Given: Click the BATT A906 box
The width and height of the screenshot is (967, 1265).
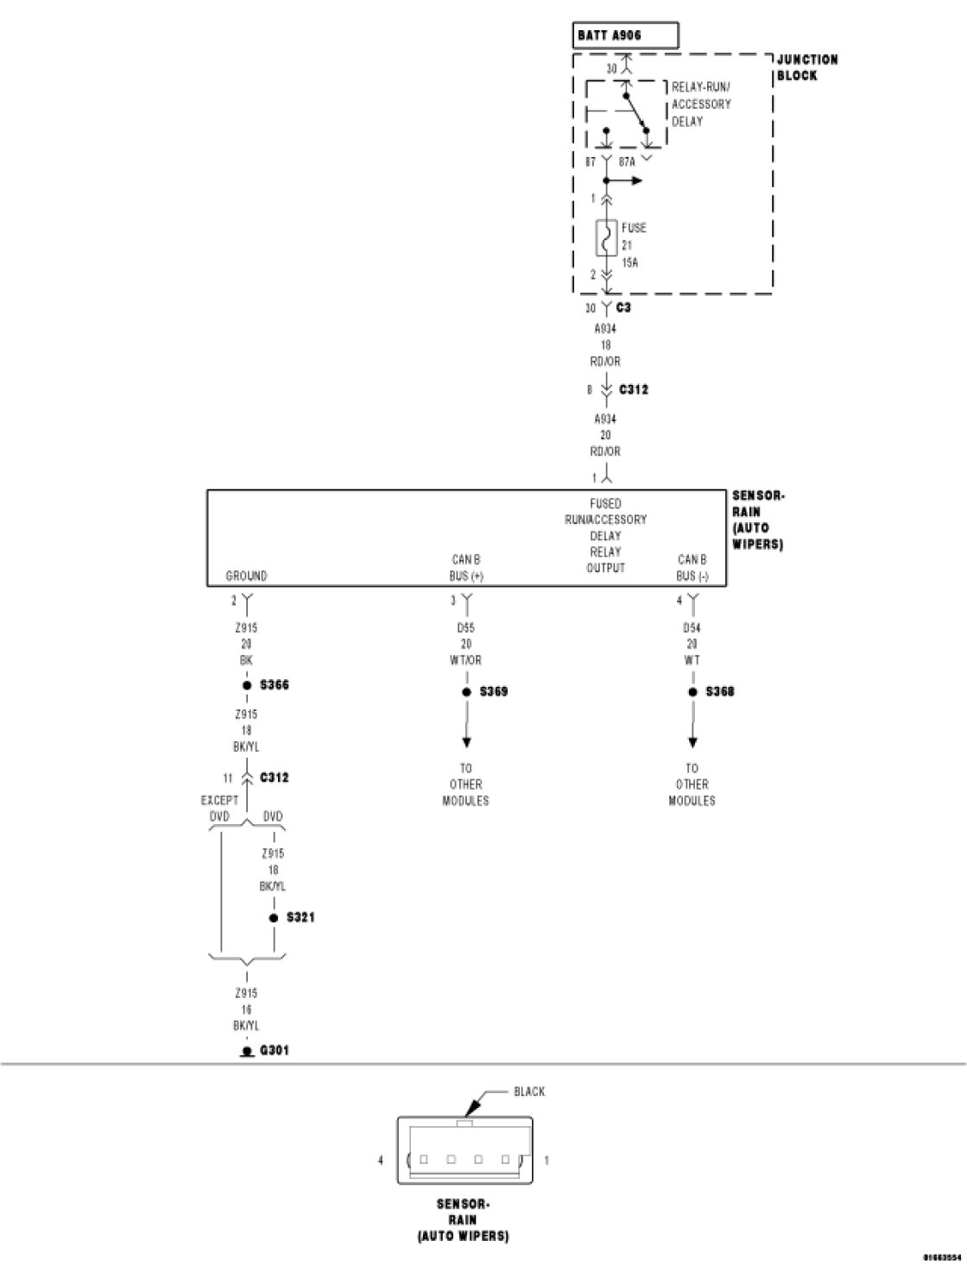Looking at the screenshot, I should point(626,36).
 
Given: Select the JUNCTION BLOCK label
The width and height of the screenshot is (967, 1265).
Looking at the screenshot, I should point(807,67).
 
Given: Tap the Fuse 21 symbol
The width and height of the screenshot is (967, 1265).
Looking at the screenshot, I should point(605,238).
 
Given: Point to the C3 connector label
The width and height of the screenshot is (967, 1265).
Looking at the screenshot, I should point(623,308).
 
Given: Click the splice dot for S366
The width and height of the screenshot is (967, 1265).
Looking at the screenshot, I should point(247,685).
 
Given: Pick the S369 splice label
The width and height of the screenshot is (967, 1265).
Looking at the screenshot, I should point(494,692).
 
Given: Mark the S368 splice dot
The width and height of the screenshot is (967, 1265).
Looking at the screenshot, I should point(692,692).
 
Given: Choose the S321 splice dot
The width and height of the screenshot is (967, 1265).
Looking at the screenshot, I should point(274,917).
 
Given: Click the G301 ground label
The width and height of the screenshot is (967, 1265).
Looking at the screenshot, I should point(275,1051).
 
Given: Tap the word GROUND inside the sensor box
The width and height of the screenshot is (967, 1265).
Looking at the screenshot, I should point(246,576).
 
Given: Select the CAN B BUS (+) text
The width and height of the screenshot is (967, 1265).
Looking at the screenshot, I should point(466,568).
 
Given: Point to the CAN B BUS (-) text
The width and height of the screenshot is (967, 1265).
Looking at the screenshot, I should point(692,568).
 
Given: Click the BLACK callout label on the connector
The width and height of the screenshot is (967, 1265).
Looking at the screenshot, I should point(529,1092).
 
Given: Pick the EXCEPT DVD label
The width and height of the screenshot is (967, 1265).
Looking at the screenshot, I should point(219,808).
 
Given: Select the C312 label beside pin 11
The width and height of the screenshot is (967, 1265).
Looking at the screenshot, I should point(275,777).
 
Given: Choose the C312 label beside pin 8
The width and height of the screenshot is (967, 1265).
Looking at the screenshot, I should point(634,390).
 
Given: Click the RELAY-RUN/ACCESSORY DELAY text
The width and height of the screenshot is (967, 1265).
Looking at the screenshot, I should point(701,104).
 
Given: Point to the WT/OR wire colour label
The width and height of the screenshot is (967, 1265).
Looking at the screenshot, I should point(466,660).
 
